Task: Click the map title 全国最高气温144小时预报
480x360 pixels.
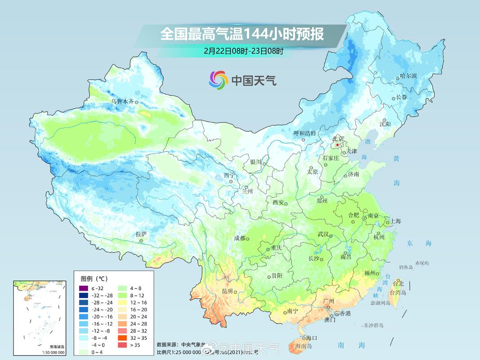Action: point(242,34)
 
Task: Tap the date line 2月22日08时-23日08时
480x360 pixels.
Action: point(243,51)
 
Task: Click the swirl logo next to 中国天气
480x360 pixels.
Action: point(219,80)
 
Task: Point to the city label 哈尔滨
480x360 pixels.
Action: point(408,76)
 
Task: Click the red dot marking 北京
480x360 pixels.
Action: point(338,145)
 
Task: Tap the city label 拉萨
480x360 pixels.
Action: point(141,234)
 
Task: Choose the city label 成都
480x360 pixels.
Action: point(240,238)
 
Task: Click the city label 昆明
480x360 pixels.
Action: point(228,291)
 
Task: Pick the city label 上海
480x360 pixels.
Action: point(395,221)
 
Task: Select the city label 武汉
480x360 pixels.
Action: point(323,234)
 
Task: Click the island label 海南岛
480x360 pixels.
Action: point(304,346)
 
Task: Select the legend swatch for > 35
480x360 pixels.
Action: point(122,345)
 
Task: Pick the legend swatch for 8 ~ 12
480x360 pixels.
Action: point(122,296)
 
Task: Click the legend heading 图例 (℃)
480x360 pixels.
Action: point(94,279)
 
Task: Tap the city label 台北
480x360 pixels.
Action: point(398,283)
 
